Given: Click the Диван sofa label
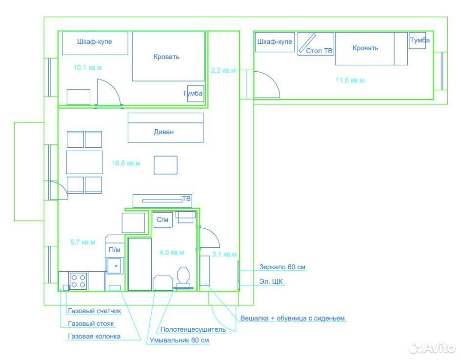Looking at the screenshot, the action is click(x=164, y=132).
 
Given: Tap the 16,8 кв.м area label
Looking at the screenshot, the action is click(x=126, y=163).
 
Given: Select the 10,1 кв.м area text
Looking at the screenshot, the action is click(x=87, y=68).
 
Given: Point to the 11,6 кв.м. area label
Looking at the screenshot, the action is click(x=350, y=80).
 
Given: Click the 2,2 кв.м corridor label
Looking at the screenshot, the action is click(x=223, y=71).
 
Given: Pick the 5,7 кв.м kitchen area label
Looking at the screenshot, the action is click(x=82, y=242).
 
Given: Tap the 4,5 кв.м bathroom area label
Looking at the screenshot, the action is click(x=172, y=253).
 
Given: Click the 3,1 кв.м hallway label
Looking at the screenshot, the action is click(x=224, y=254).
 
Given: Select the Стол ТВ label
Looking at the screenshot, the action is click(x=319, y=51).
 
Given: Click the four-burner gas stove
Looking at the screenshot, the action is click(x=78, y=281).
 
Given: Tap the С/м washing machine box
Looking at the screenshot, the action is click(x=162, y=220).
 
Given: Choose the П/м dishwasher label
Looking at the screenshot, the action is click(x=115, y=250).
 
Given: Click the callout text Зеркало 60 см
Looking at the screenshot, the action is click(x=282, y=267).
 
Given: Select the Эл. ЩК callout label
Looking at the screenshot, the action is click(x=271, y=281).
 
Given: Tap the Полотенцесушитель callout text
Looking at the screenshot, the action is click(x=193, y=329).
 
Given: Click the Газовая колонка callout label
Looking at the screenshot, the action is click(x=94, y=336).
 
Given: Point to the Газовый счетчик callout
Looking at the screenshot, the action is click(x=94, y=311).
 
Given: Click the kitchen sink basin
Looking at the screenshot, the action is click(x=115, y=266).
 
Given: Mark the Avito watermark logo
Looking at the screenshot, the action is click(x=432, y=348).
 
